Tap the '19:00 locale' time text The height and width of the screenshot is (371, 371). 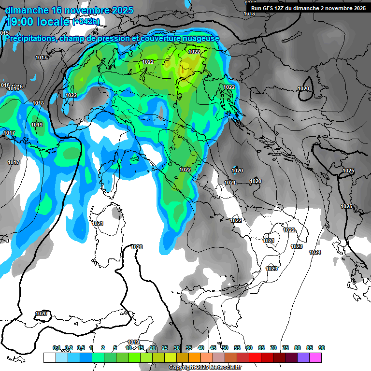click(x=37, y=21)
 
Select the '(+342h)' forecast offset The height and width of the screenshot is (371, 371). click(x=86, y=22)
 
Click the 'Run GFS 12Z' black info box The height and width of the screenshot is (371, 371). click(x=307, y=8)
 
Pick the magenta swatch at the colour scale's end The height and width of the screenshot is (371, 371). click(x=315, y=357)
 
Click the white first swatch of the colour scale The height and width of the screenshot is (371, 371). click(x=49, y=357)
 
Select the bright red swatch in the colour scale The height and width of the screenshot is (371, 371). click(x=255, y=357)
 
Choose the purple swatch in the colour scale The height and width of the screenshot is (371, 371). click(x=303, y=357)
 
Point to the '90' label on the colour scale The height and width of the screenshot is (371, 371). click(x=321, y=348)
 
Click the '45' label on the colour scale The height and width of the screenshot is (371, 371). click(x=213, y=348)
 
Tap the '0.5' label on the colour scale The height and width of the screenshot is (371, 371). click(x=80, y=348)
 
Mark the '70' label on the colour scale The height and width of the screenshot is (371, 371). click(x=273, y=348)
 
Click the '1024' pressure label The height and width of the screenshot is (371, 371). click(x=315, y=252)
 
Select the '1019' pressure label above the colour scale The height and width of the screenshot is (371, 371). click(x=133, y=342)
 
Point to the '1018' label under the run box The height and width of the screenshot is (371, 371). click(x=249, y=14)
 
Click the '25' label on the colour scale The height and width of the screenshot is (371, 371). click(x=165, y=348)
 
